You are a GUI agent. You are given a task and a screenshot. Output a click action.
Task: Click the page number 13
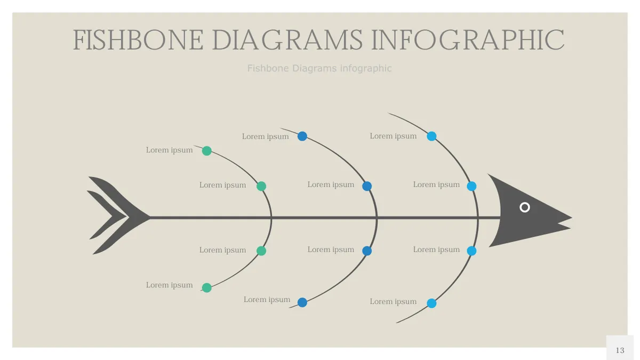[x=620, y=350]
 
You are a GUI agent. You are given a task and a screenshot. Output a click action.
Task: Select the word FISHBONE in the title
[x=138, y=40]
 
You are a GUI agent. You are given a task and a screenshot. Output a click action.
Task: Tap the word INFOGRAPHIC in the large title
[x=467, y=40]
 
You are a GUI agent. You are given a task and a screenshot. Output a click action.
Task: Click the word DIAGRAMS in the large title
[x=287, y=40]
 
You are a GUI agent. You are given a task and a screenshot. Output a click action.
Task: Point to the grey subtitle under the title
[x=319, y=68]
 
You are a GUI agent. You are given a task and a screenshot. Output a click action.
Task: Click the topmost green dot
[x=207, y=150]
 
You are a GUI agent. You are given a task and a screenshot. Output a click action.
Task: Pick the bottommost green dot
[x=207, y=287]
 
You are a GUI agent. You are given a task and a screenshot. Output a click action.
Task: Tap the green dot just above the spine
[x=261, y=186]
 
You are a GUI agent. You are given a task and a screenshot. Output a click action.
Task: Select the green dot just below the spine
[x=261, y=251]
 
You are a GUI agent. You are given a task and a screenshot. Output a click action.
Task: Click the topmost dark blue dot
[x=302, y=136]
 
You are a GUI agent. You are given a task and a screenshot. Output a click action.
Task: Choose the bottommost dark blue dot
[x=302, y=302]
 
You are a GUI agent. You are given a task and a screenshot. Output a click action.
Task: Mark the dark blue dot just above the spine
[x=367, y=186]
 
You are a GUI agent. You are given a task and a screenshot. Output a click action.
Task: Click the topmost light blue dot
[x=431, y=136]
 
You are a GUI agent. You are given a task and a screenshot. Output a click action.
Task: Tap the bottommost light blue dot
[x=431, y=303]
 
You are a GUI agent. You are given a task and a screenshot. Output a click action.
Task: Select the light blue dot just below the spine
[x=471, y=251]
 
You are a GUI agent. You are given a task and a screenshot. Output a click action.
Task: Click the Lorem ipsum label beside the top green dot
[x=169, y=150]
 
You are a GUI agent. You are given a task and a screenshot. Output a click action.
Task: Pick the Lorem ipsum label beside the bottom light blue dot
[x=393, y=301]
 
